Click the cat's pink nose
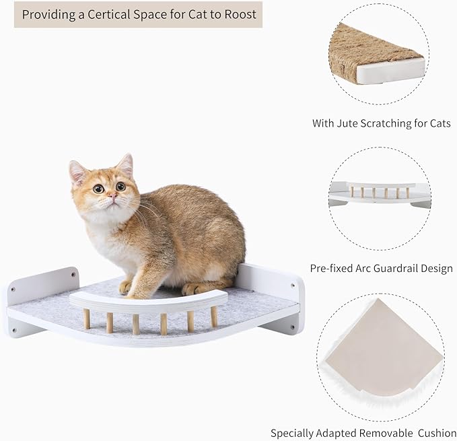pyautogui.click(x=112, y=195)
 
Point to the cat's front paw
pyautogui.click(x=126, y=287)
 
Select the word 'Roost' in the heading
pyautogui.click(x=240, y=13)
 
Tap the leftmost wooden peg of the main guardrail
pyautogui.click(x=87, y=318)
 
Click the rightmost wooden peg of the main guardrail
pyautogui.click(x=213, y=316)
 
